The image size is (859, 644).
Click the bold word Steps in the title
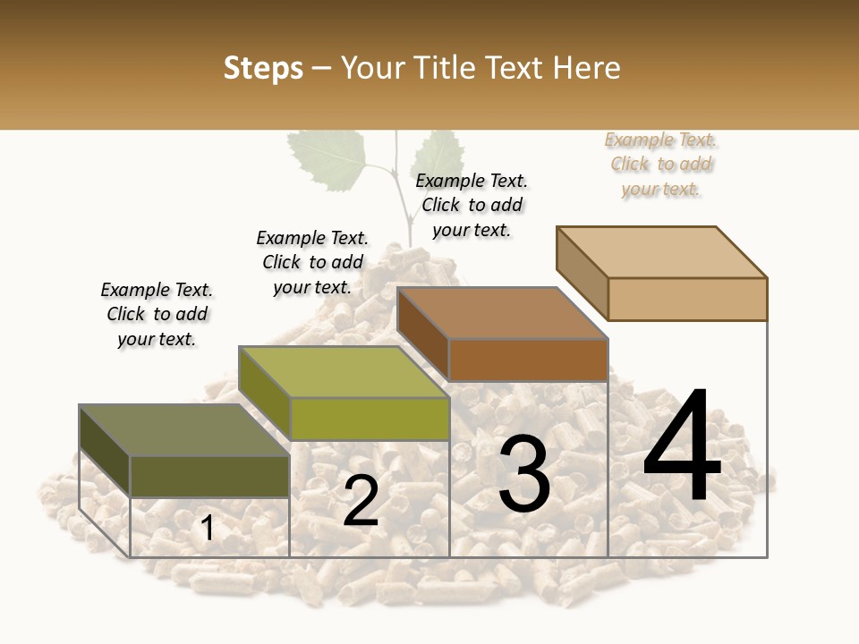[x=263, y=68]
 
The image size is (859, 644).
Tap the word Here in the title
[x=587, y=68]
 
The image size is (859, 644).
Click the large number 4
[x=682, y=447]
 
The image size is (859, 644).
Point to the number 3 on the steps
[x=523, y=474]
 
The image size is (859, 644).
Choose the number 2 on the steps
[x=361, y=501]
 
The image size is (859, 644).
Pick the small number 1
[x=208, y=529]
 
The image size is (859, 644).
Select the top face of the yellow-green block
[x=344, y=372]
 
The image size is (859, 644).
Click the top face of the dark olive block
[x=184, y=430]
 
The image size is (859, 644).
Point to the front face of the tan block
[x=687, y=299]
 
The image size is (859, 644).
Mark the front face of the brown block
[x=528, y=360]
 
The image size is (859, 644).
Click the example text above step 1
[x=157, y=314]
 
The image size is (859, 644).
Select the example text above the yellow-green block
[x=312, y=262]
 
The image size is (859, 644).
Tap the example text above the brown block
[x=472, y=205]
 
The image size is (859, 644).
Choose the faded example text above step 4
[x=661, y=164]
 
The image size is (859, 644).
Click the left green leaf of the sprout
[x=327, y=161]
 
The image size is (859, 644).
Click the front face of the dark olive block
[x=209, y=477]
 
